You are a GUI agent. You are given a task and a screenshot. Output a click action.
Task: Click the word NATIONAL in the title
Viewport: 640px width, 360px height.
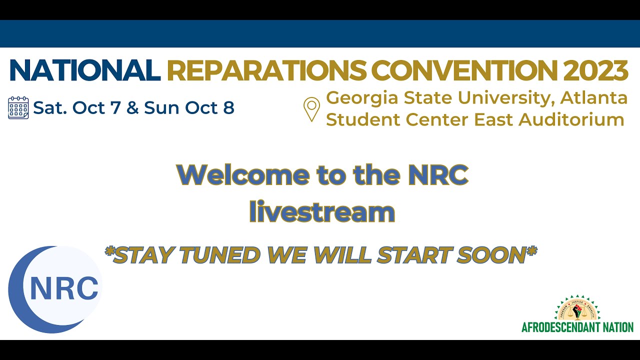click(84, 70)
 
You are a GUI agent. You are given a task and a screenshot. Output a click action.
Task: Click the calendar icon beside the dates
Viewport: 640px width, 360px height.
click(18, 107)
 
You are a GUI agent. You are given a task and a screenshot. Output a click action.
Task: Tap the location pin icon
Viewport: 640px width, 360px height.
click(311, 109)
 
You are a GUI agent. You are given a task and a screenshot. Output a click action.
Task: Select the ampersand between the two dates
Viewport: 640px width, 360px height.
click(132, 107)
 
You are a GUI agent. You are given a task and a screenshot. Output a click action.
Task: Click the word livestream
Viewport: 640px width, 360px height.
click(322, 211)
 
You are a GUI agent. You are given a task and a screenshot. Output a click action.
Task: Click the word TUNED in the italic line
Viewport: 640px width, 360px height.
click(220, 255)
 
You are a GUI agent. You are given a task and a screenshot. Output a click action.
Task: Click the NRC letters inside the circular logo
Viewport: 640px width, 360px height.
click(64, 288)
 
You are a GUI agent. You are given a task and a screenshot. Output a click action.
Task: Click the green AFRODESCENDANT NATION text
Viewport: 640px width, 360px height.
click(577, 327)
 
